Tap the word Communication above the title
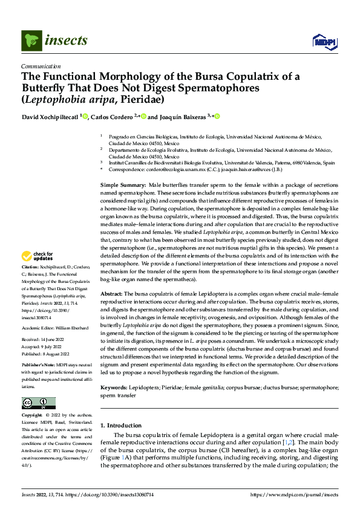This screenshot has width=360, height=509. [x=41, y=66]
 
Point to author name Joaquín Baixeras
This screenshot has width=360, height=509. [x=182, y=117]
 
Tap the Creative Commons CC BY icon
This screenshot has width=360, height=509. [x=38, y=403]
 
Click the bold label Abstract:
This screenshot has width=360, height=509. [x=111, y=293]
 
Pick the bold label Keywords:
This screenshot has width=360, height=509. [x=115, y=386]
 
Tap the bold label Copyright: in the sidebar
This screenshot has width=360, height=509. [x=33, y=415]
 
